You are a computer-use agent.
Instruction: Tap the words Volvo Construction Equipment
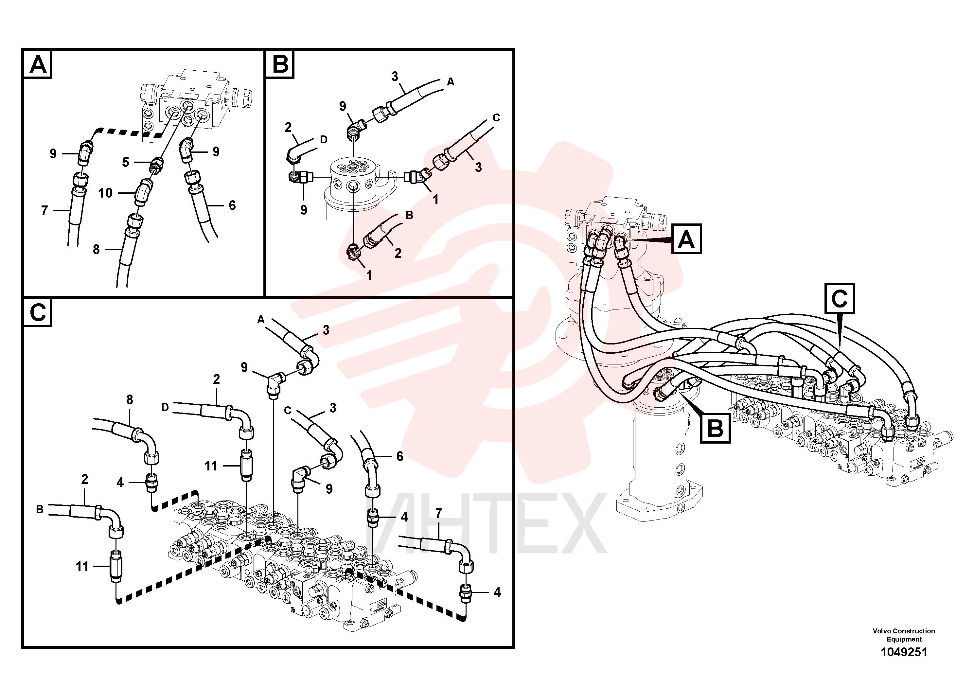coord(904,635)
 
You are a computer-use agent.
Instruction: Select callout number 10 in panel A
coord(105,193)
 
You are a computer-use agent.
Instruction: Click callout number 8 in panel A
coord(96,249)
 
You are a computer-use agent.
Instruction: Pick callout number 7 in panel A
coord(44,210)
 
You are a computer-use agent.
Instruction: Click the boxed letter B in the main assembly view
coord(715,429)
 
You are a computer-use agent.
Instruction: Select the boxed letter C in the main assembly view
coord(840,299)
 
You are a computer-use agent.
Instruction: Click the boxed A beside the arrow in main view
coord(686,239)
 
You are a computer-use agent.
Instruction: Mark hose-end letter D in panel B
coord(324,140)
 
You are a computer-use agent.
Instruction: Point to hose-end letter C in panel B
coord(496,117)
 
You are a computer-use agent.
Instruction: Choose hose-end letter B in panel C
coord(40,509)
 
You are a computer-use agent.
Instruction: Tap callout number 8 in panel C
coord(129,399)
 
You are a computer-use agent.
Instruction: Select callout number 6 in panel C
coord(399,456)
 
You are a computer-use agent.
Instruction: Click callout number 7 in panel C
coord(439,513)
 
